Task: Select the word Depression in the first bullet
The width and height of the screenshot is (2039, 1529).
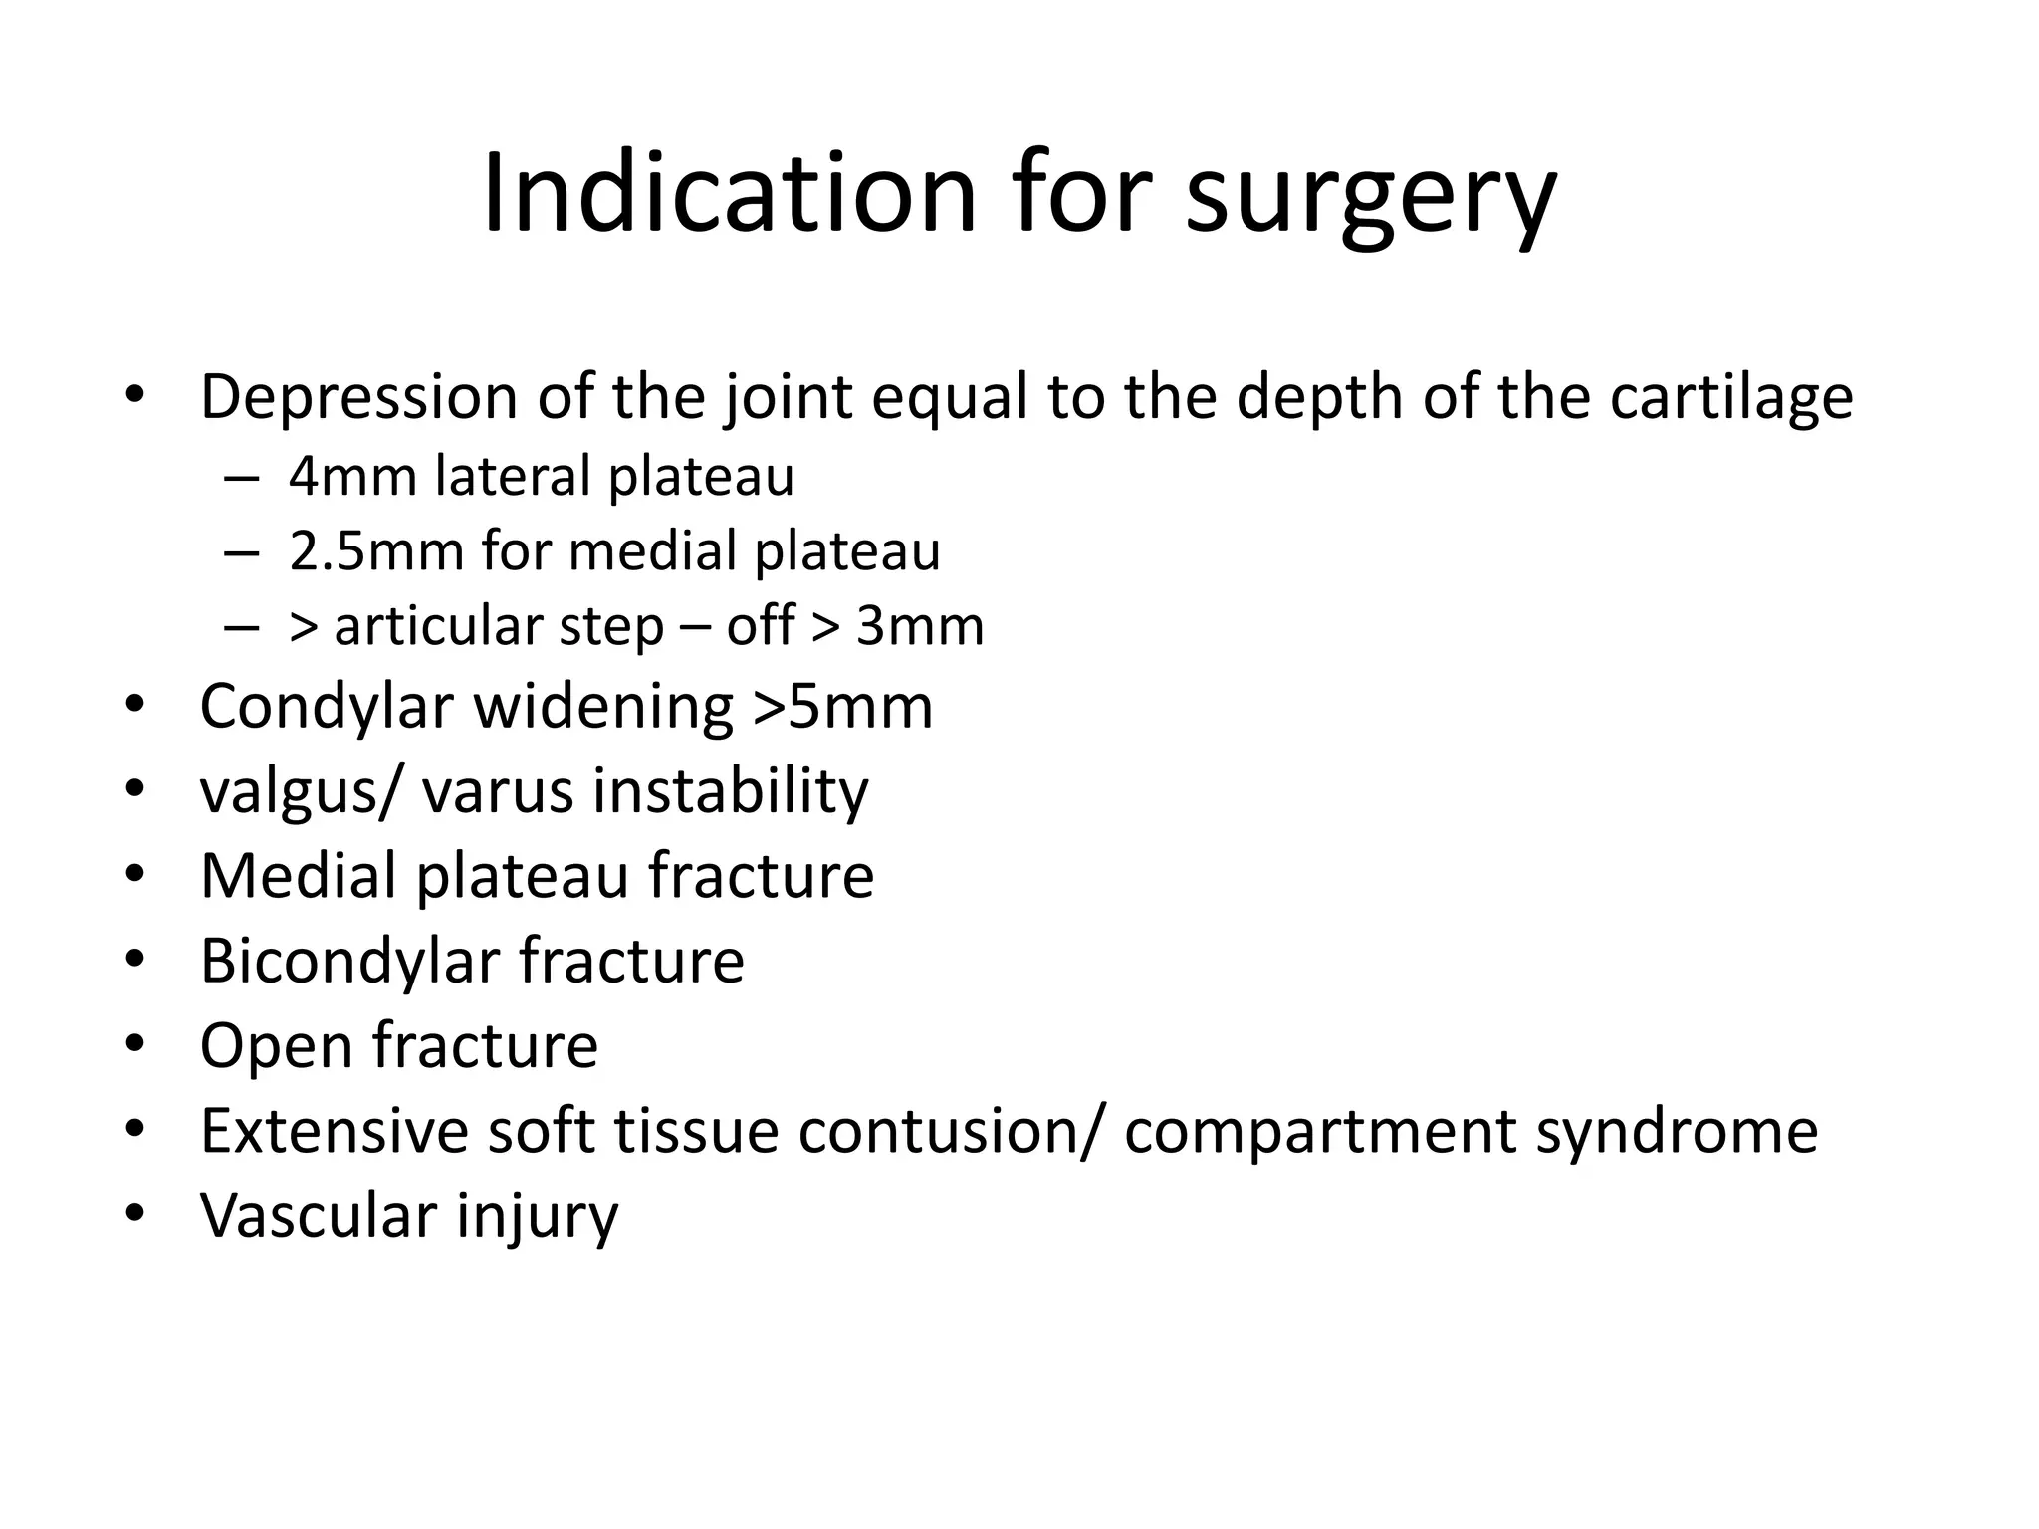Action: coord(358,397)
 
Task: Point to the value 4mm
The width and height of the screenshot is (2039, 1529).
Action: coord(352,476)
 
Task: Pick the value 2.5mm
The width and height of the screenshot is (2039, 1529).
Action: coord(377,550)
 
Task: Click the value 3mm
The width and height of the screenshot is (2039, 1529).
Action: coord(920,626)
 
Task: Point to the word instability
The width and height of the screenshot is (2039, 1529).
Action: coord(731,790)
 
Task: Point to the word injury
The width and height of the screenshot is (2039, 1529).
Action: coord(538,1217)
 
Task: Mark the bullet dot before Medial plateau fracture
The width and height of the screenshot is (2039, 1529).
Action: coord(135,875)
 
